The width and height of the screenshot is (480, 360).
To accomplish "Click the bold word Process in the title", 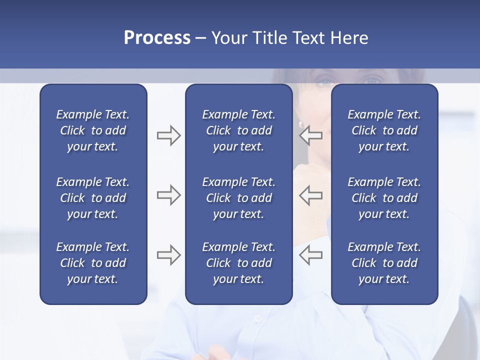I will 157,37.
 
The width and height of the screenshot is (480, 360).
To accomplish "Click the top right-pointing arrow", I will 168,135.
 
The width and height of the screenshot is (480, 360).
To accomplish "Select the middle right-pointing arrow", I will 168,195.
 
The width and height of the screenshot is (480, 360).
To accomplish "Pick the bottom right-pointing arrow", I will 168,255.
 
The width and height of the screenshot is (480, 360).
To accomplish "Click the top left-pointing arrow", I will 310,135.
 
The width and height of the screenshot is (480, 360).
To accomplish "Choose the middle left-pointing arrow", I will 310,195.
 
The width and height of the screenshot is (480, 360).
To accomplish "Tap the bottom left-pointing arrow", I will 310,255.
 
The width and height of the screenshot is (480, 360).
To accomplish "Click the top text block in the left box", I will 93,130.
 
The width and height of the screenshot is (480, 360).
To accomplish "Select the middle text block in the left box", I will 93,198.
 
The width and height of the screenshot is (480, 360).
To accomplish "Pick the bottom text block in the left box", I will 93,263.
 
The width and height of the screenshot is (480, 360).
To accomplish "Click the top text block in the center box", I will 238,130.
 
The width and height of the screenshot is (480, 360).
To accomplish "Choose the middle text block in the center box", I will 238,198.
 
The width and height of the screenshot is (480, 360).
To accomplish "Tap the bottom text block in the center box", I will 238,263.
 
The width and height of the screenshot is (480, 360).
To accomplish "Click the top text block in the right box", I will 384,130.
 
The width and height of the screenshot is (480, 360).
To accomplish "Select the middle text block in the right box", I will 384,198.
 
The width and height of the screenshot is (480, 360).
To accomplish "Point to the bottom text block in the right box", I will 384,263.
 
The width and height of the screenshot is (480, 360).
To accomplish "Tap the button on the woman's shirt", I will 258,318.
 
